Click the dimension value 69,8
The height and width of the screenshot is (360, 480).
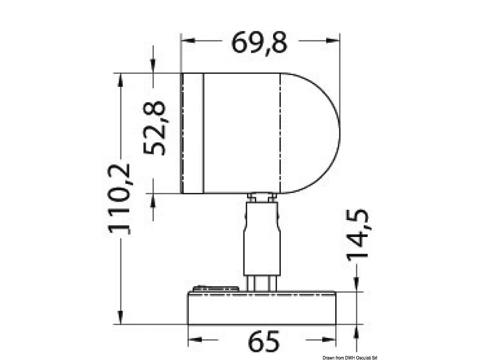259,44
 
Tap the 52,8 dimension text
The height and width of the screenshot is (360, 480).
154,128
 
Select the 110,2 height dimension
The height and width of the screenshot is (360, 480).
119,199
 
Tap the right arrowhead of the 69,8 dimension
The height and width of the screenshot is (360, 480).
333,40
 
